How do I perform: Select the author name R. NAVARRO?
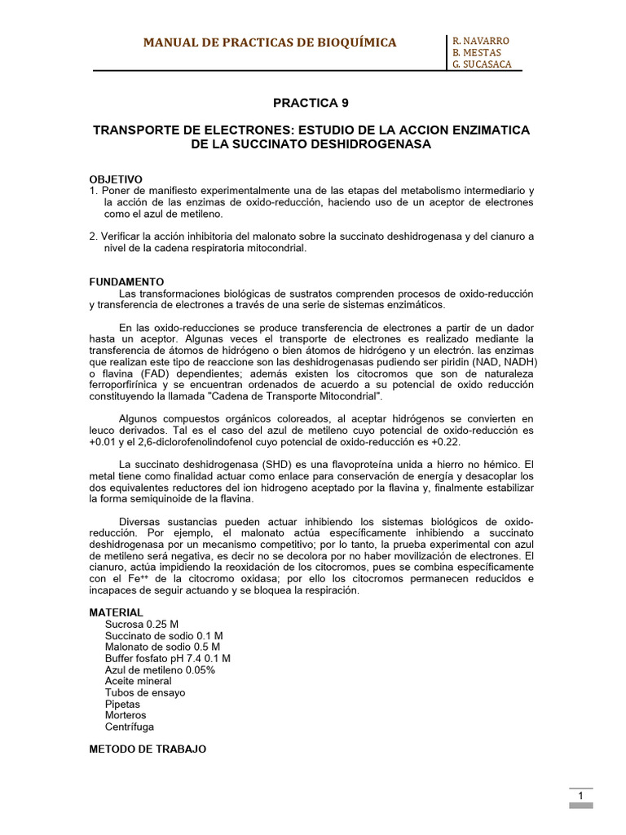point(481,41)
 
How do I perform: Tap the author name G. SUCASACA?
point(483,64)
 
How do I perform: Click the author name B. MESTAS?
point(478,53)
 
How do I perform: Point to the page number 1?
point(580,796)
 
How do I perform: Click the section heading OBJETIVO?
point(116,179)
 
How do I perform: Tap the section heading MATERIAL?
point(116,612)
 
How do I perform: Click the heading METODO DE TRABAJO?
point(148,749)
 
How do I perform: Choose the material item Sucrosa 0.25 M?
point(142,624)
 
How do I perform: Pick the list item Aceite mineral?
point(139,681)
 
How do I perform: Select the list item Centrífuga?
point(130,727)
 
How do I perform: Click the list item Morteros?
point(126,715)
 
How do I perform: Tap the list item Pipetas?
point(122,704)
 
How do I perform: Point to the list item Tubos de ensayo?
point(145,692)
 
